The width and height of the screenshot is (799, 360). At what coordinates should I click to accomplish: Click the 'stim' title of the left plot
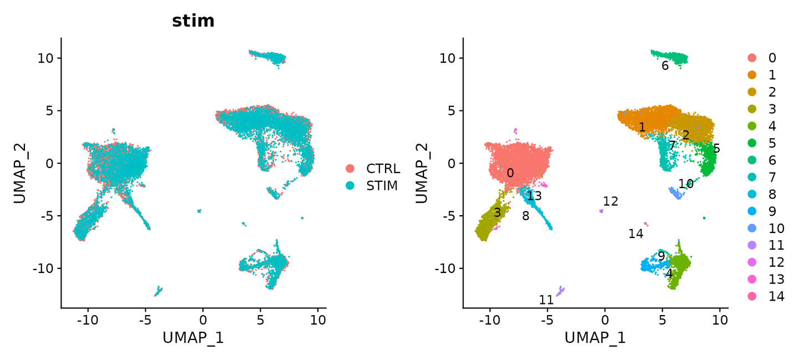[x=193, y=21]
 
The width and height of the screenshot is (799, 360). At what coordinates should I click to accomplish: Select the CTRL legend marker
[x=351, y=169]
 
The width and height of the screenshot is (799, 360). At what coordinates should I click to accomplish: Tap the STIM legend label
[x=382, y=186]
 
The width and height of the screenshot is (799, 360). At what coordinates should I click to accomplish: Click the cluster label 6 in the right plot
[x=665, y=66]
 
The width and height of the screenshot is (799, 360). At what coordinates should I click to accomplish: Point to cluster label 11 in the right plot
[x=547, y=300]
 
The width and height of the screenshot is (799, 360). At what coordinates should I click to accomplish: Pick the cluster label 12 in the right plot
[x=610, y=201]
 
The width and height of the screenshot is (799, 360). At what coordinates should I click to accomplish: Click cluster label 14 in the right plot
[x=636, y=234]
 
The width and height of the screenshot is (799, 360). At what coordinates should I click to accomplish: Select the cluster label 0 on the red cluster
[x=510, y=173]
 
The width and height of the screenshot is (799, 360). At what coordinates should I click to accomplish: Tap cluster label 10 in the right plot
[x=686, y=184]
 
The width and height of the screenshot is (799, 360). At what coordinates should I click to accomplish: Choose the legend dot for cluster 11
[x=752, y=245]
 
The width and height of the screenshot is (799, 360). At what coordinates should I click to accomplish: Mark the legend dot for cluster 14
[x=752, y=296]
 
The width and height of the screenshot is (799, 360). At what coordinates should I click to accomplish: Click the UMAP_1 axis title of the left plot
[x=193, y=337]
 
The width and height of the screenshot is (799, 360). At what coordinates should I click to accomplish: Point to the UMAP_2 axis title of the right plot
[x=422, y=173]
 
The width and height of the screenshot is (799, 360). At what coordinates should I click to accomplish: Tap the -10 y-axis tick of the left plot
[x=46, y=268]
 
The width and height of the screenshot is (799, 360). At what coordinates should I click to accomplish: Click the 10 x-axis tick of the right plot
[x=720, y=320]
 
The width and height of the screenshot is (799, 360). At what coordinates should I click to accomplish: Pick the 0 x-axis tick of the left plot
[x=203, y=320]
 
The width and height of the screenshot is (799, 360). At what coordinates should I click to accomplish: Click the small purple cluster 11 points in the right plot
[x=561, y=291]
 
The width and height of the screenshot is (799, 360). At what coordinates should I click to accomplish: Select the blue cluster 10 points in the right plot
[x=675, y=193]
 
